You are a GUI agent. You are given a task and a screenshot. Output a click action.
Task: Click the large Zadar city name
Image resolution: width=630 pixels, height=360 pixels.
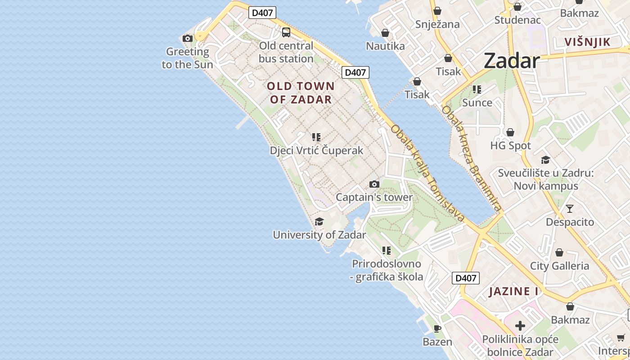512,61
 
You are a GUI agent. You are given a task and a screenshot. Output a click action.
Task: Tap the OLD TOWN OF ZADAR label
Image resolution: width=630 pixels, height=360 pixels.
301,93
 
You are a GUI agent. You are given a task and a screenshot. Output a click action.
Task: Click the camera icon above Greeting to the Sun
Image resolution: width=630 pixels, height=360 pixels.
188,38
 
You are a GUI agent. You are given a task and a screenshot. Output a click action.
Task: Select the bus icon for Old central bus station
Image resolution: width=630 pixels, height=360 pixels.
286,32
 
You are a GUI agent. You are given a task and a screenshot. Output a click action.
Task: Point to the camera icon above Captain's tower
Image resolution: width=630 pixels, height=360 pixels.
374,184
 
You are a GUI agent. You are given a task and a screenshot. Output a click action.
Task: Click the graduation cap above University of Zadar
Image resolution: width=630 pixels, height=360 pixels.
319,221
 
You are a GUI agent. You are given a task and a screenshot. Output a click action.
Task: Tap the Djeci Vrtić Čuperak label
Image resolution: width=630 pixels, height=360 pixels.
316,150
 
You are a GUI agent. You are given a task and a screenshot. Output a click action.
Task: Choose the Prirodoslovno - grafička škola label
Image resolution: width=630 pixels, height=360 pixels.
387,270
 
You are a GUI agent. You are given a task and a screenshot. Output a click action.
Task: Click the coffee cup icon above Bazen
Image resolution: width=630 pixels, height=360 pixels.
437,328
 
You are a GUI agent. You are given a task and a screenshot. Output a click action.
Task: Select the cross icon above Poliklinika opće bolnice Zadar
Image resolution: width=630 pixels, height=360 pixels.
520,326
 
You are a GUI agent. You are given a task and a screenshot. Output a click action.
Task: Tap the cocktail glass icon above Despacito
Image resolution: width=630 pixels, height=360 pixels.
570,209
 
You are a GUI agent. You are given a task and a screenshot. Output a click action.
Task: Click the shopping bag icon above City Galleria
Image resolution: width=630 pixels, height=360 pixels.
559,252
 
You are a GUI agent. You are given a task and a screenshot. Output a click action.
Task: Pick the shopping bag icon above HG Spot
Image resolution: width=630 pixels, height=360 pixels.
510,132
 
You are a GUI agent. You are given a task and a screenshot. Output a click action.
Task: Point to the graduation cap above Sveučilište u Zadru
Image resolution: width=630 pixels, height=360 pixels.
545,160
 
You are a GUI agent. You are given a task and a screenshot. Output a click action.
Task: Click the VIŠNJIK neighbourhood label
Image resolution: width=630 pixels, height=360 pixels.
588,42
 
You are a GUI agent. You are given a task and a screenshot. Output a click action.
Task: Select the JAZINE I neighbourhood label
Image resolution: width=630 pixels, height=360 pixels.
514,291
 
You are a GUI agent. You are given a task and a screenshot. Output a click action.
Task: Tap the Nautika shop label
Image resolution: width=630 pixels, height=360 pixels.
385,46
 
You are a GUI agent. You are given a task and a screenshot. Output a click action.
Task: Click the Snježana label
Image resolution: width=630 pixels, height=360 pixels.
437,24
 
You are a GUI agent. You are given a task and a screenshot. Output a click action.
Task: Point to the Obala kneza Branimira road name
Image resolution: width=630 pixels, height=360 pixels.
471,158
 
